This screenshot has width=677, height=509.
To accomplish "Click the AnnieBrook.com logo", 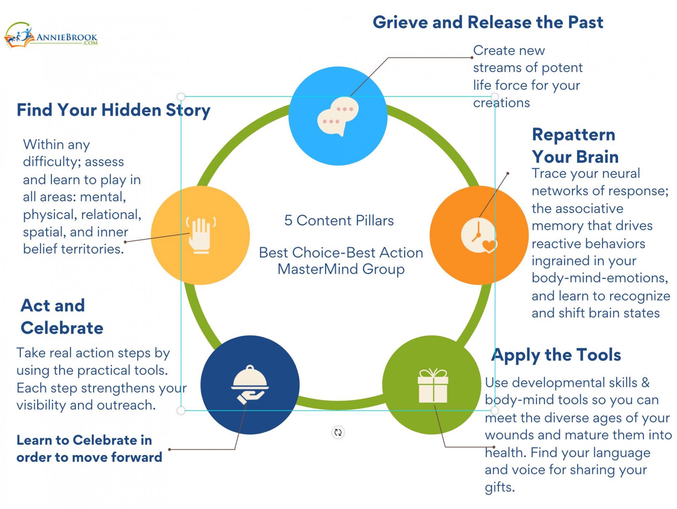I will tap(51, 36).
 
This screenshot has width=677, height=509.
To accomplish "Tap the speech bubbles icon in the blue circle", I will tap(338, 116).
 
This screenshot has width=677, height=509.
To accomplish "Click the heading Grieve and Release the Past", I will tap(488, 22).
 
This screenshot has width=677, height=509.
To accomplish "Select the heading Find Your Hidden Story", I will tap(114, 110).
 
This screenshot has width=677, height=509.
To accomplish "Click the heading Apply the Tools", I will tap(556, 355).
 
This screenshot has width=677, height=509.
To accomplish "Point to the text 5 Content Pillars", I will tap(339, 220).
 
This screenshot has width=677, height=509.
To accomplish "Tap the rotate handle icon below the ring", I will tap(338, 432).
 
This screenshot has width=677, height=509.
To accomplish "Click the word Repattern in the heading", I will tap(573, 135).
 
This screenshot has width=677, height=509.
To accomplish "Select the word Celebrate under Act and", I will tap(62, 328).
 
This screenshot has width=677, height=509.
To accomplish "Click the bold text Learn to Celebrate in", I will tap(84, 440).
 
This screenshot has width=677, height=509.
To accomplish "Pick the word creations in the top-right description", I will tap(501, 103).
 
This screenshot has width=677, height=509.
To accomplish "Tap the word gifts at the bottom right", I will tap(499, 487).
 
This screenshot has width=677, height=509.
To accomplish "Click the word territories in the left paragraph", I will tap(93, 249).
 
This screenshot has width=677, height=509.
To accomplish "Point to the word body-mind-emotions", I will tap(599, 278).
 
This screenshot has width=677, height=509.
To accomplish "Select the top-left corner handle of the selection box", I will tap(181, 97).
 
